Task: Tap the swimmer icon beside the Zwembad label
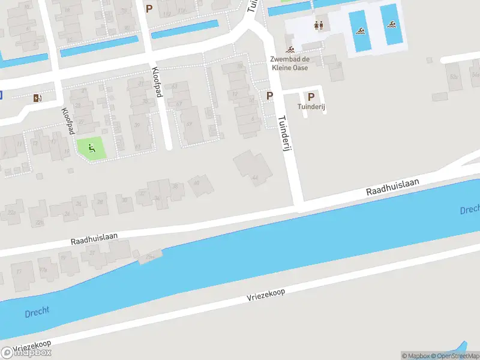point(290,49)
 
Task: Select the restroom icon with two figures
point(319,25)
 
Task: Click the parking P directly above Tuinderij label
point(311,97)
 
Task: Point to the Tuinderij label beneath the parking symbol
point(311,107)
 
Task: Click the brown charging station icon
point(38,98)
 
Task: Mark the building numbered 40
point(200,186)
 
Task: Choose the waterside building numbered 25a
point(149,256)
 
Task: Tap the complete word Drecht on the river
point(37,313)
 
